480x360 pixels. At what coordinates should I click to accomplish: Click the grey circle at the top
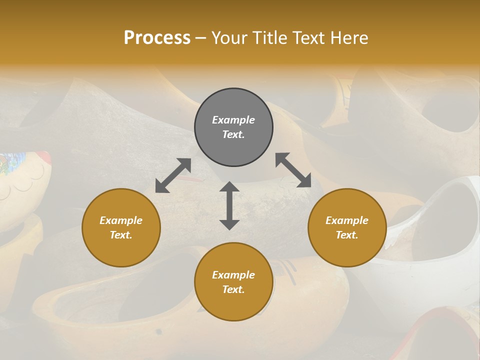pos(233,127)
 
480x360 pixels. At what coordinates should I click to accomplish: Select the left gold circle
pos(121,227)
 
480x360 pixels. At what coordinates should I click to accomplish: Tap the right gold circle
pos(347,227)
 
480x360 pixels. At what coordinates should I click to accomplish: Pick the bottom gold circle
pos(233,282)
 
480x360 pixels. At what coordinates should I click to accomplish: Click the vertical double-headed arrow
pos(229,205)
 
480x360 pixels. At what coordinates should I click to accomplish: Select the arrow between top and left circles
pos(173,175)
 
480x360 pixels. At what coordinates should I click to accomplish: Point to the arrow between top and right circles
pos(293,170)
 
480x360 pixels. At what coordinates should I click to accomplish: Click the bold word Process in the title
pos(157,37)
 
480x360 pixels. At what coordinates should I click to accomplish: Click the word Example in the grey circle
pos(233,120)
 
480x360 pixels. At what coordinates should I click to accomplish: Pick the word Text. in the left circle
pos(121,235)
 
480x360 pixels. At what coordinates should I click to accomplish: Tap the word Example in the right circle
pos(347,220)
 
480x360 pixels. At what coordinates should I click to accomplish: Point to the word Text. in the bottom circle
pos(233,289)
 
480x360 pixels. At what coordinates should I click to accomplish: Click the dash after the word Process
pos(201,38)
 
